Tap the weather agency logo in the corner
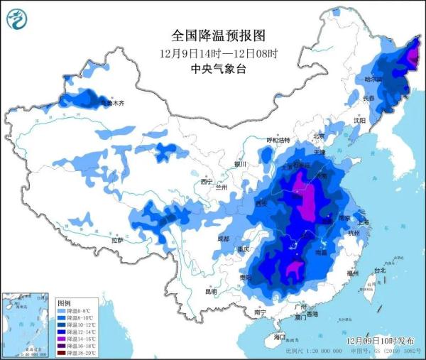pyautogui.click(x=15, y=18)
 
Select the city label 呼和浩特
pyautogui.click(x=279, y=141)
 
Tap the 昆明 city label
pyautogui.click(x=211, y=292)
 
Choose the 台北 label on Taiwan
pyautogui.click(x=379, y=270)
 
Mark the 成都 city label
pyautogui.click(x=224, y=239)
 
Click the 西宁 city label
pyautogui.click(x=207, y=182)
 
